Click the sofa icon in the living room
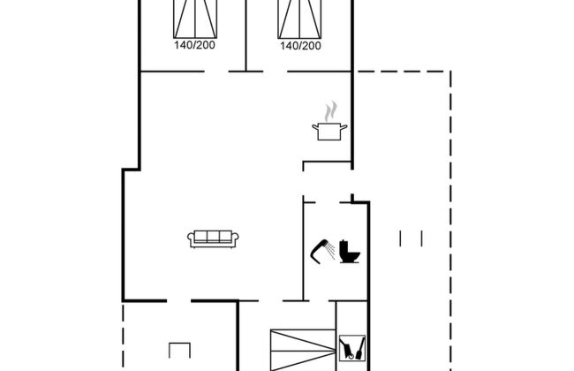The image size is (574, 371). [213, 239]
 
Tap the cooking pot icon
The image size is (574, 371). [329, 132]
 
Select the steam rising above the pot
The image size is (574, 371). [330, 111]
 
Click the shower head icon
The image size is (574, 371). [322, 251]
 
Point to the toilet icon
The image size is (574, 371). [349, 251]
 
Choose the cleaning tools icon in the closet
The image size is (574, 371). [352, 348]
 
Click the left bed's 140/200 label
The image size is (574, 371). [194, 45]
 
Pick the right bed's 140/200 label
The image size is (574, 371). [300, 46]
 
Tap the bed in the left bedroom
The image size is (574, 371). [195, 19]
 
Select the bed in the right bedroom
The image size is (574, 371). [300, 19]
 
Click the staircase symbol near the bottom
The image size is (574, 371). [303, 350]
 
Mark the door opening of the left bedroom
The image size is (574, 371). [216, 72]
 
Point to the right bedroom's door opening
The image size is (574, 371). [275, 72]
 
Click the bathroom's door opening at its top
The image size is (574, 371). [328, 202]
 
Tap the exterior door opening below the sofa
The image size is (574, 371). [179, 301]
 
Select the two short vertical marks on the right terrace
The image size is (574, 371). [412, 238]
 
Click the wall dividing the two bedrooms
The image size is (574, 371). [245, 35]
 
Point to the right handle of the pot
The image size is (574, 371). [344, 127]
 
